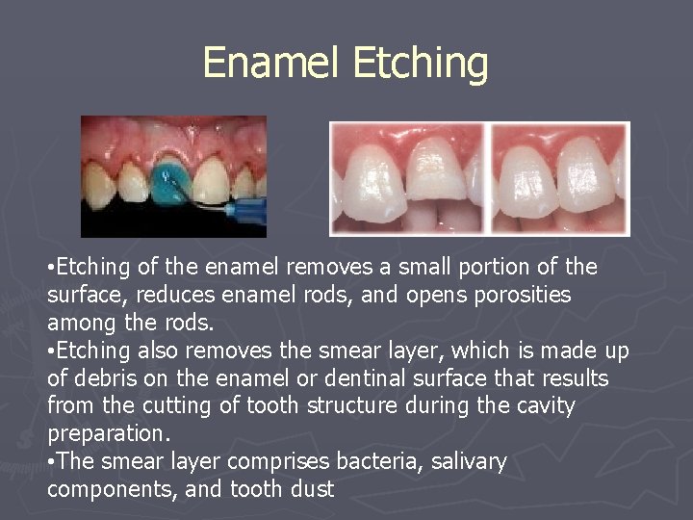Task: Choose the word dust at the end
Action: pyautogui.click(x=310, y=489)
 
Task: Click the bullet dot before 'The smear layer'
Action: pyautogui.click(x=50, y=462)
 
